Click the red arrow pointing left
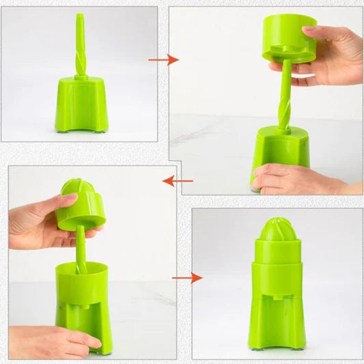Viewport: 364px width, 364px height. pos(178,181)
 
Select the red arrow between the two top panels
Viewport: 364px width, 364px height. pos(164,60)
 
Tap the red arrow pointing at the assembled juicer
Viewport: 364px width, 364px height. pos(187,278)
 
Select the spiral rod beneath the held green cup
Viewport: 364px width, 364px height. pos(284,96)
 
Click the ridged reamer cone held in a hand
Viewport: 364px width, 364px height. pos(81,204)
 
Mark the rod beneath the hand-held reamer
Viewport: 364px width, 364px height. pos(81,249)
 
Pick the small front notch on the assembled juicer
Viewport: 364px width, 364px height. pos(278,298)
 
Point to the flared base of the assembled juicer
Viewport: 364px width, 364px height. pos(278,321)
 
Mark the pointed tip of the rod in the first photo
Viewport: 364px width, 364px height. pos(80,16)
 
